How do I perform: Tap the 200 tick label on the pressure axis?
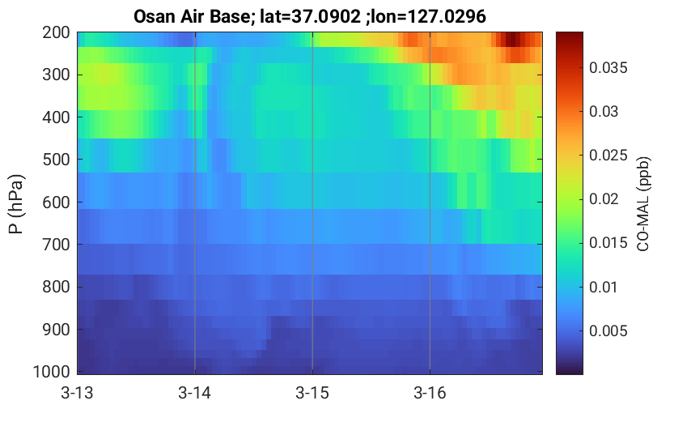tap(57, 32)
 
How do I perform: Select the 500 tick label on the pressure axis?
tap(57, 160)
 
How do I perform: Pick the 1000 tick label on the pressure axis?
tap(52, 372)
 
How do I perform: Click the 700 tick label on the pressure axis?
tap(57, 245)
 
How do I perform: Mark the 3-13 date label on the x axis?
tap(78, 393)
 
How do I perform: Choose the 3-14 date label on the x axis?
tap(195, 393)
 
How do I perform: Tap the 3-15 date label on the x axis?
tap(312, 393)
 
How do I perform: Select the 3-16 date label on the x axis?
tap(430, 393)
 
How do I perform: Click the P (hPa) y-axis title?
tap(16, 204)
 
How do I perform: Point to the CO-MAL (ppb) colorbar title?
tap(643, 204)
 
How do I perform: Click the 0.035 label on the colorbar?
tap(608, 68)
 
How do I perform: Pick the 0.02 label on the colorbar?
tap(604, 199)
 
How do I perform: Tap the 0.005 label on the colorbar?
tap(608, 330)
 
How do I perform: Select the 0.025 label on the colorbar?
tap(608, 156)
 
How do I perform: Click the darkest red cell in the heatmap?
tap(511, 40)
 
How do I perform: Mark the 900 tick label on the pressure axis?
tap(57, 330)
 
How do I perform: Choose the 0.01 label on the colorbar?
tap(604, 287)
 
